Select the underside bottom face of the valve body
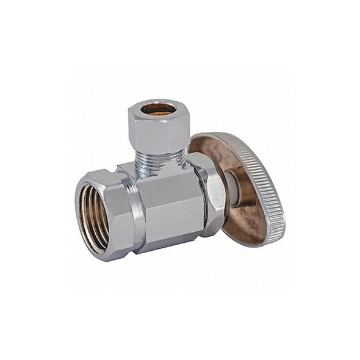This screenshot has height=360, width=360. coord(171,247)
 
